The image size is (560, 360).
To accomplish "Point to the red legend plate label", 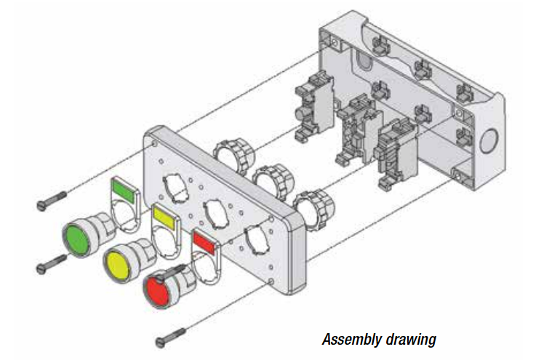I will point(204,241).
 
